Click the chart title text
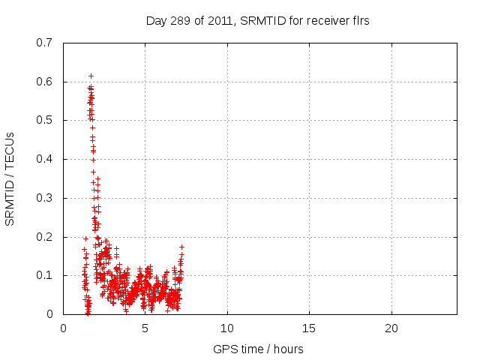[257, 21]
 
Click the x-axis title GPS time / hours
[258, 349]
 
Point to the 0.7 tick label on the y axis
[45, 43]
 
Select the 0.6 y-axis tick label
[45, 82]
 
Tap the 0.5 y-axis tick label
[45, 120]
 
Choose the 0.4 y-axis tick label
[45, 159]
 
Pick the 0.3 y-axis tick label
[45, 198]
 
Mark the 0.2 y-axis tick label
[45, 237]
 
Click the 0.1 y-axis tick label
[45, 275]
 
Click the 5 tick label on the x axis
[145, 328]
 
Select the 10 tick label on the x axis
[227, 328]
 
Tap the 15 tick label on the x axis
[309, 328]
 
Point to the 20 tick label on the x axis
[391, 328]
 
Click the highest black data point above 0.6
[91, 76]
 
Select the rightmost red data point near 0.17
[181, 247]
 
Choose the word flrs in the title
[359, 21]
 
